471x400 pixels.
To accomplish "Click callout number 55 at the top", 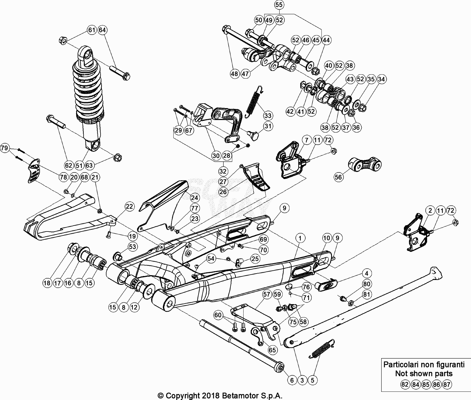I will (279, 5).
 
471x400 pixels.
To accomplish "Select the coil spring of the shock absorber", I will (88, 91).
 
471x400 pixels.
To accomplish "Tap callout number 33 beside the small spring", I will (268, 115).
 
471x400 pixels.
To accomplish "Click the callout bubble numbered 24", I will (195, 198).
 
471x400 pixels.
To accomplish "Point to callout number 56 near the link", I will (338, 177).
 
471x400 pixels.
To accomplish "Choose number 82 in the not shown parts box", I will (405, 384).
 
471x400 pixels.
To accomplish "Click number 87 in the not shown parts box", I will (447, 384).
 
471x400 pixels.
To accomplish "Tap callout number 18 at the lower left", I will (47, 283).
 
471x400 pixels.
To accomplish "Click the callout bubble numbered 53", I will (133, 247).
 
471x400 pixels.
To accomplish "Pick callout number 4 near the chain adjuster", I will (366, 273).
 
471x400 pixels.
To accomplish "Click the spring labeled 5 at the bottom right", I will (323, 348).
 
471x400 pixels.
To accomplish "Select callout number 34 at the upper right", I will (382, 79).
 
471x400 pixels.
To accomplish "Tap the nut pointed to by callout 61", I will (63, 41).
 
